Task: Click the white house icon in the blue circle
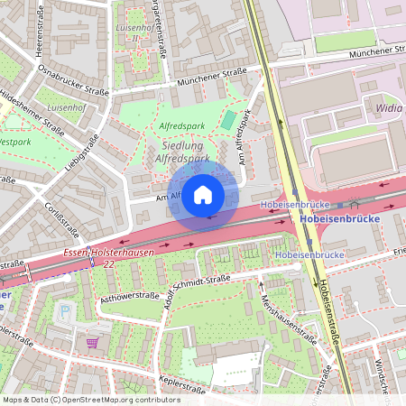point(203,194)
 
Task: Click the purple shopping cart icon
point(92,342)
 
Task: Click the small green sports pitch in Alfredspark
point(229,119)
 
